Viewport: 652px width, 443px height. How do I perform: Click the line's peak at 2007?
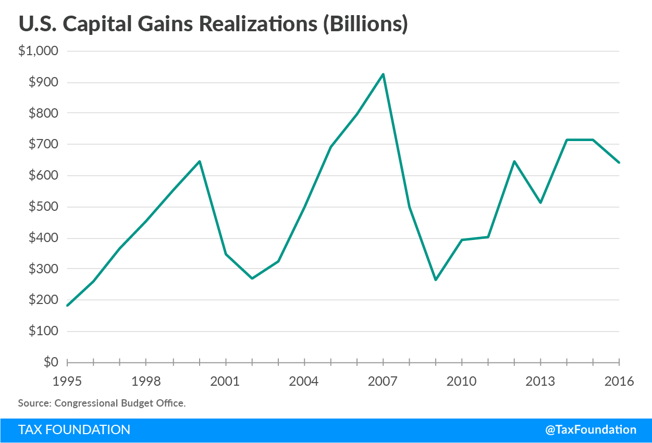coord(384,74)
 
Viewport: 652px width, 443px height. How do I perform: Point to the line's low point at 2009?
coord(436,280)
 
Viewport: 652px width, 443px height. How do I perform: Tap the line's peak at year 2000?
coord(200,161)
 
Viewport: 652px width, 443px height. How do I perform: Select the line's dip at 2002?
coord(252,279)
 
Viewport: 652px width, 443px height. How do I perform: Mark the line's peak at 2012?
coord(514,161)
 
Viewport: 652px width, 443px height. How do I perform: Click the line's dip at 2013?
coord(541,202)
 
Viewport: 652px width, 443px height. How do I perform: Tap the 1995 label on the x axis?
coord(67,382)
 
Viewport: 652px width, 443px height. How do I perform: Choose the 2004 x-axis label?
coord(304,382)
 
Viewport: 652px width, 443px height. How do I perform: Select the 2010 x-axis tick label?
coord(462,382)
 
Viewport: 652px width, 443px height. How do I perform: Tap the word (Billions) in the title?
coord(365,25)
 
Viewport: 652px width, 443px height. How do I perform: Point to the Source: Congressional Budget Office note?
coord(102,403)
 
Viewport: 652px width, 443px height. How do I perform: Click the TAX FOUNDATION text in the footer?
coord(74,430)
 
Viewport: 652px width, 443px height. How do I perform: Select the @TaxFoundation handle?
coord(591,430)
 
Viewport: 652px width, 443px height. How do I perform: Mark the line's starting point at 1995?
coord(68,306)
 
